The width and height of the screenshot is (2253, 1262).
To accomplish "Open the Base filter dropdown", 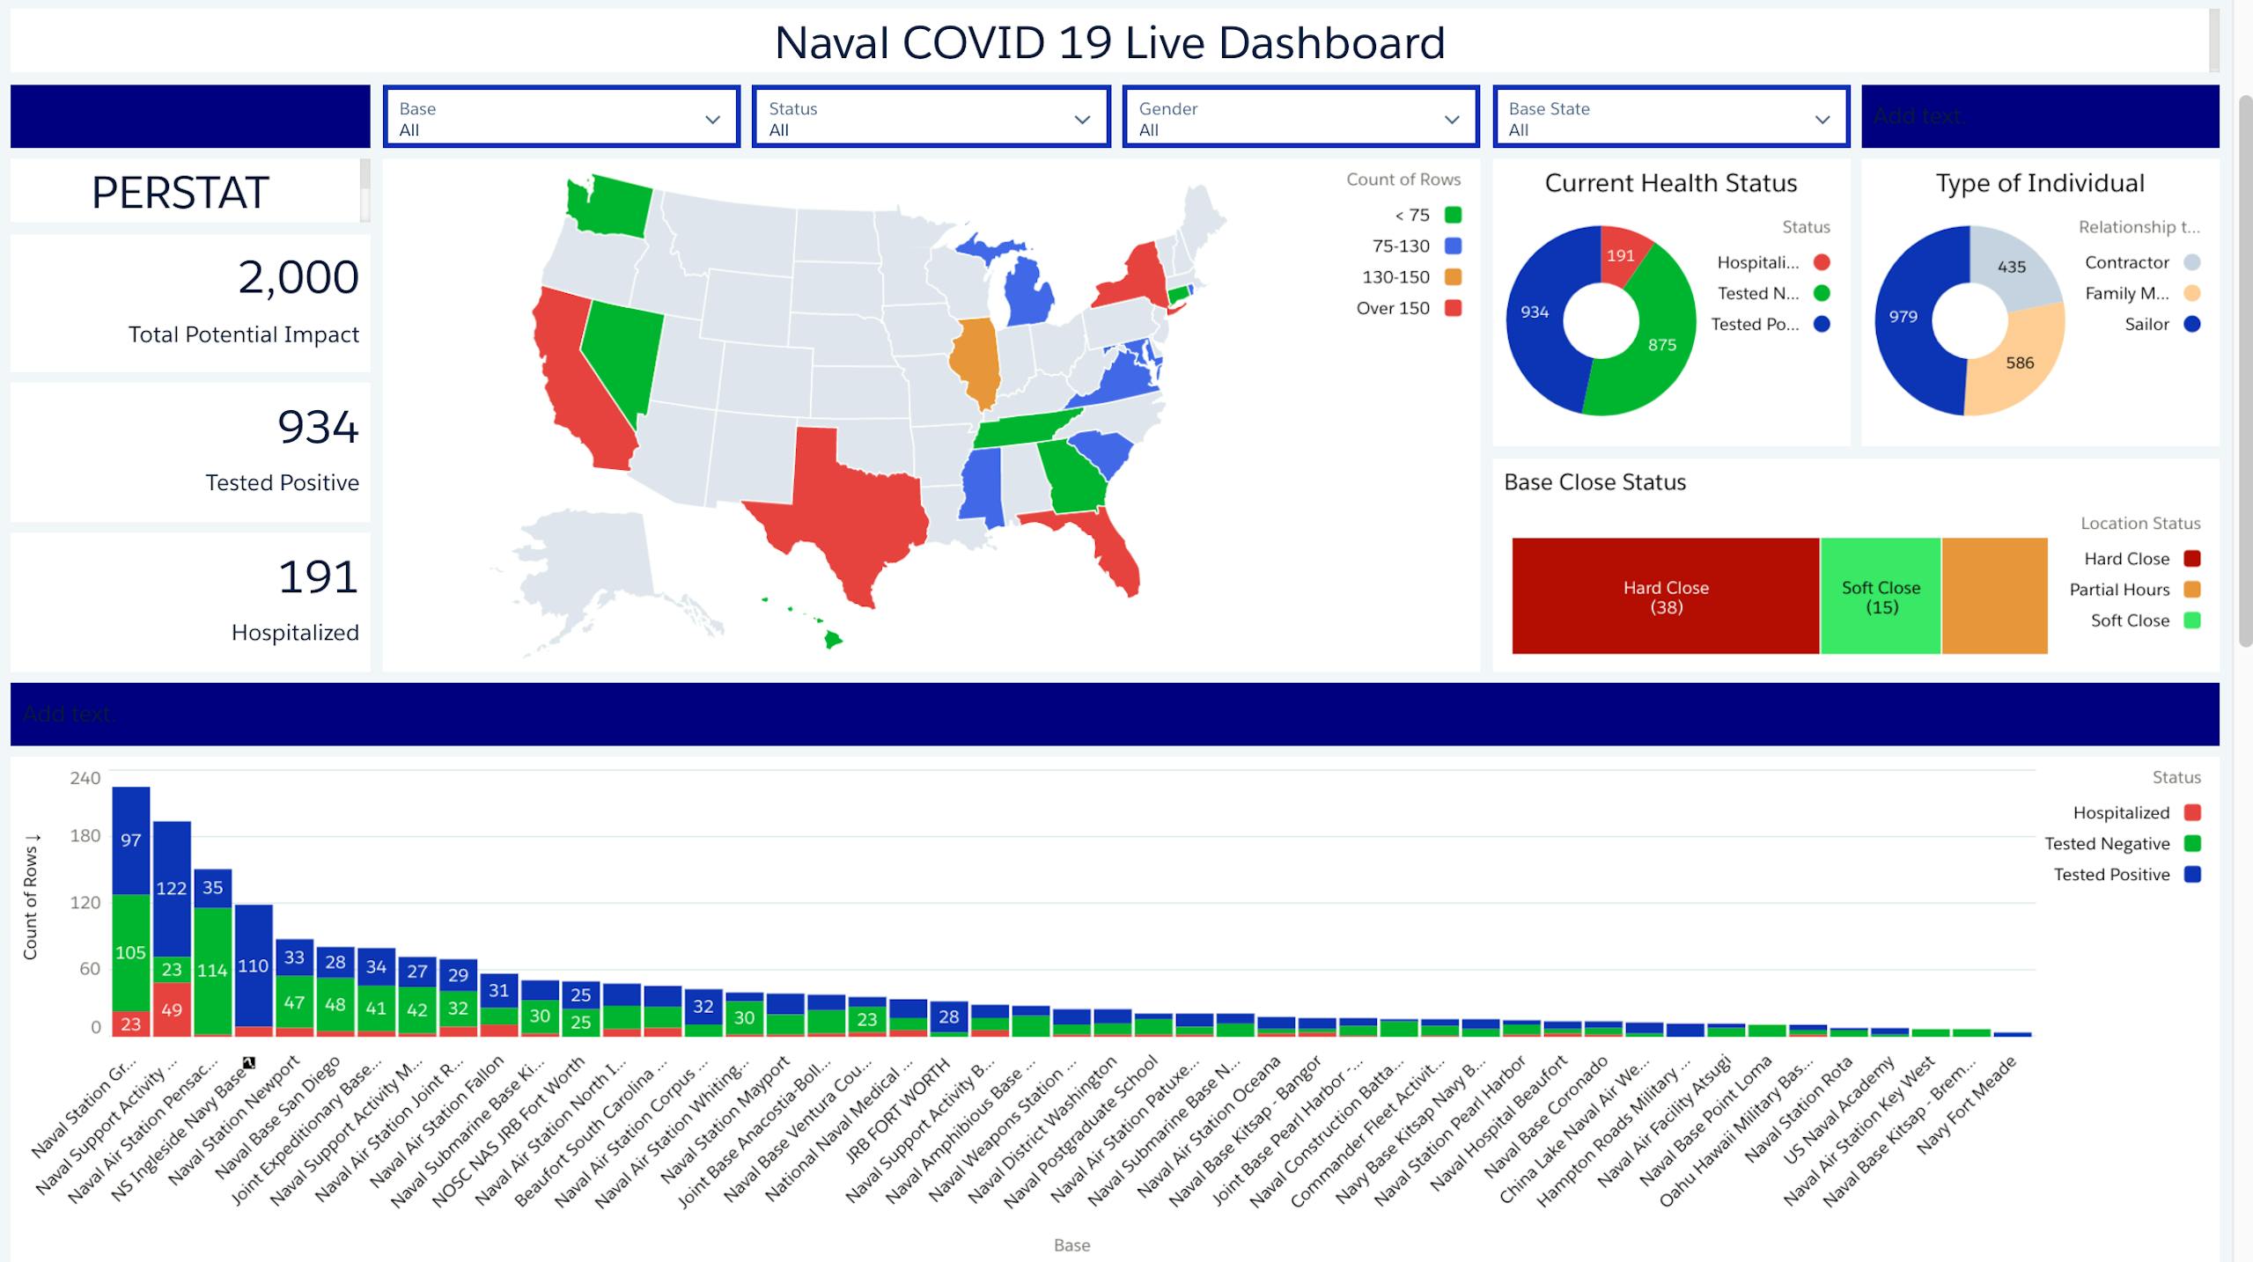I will tap(561, 117).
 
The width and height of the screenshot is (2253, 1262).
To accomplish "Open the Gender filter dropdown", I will tap(1300, 117).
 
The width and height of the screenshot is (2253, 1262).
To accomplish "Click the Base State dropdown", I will tap(1670, 117).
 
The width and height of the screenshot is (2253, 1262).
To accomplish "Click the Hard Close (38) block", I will tap(1665, 597).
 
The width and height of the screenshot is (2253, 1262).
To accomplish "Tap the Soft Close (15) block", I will tap(1880, 597).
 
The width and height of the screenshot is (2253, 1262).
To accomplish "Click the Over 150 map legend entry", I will tap(1408, 308).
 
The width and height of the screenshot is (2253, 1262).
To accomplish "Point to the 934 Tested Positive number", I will tap(318, 428).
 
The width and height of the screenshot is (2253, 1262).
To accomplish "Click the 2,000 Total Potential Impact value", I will tap(298, 277).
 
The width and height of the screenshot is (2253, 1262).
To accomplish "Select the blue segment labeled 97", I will tap(130, 840).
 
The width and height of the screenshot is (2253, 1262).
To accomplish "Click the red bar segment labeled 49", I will tap(172, 1009).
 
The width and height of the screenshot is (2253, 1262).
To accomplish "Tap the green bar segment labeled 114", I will tap(212, 970).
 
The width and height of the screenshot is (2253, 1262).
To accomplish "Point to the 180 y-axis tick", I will tap(85, 835).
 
